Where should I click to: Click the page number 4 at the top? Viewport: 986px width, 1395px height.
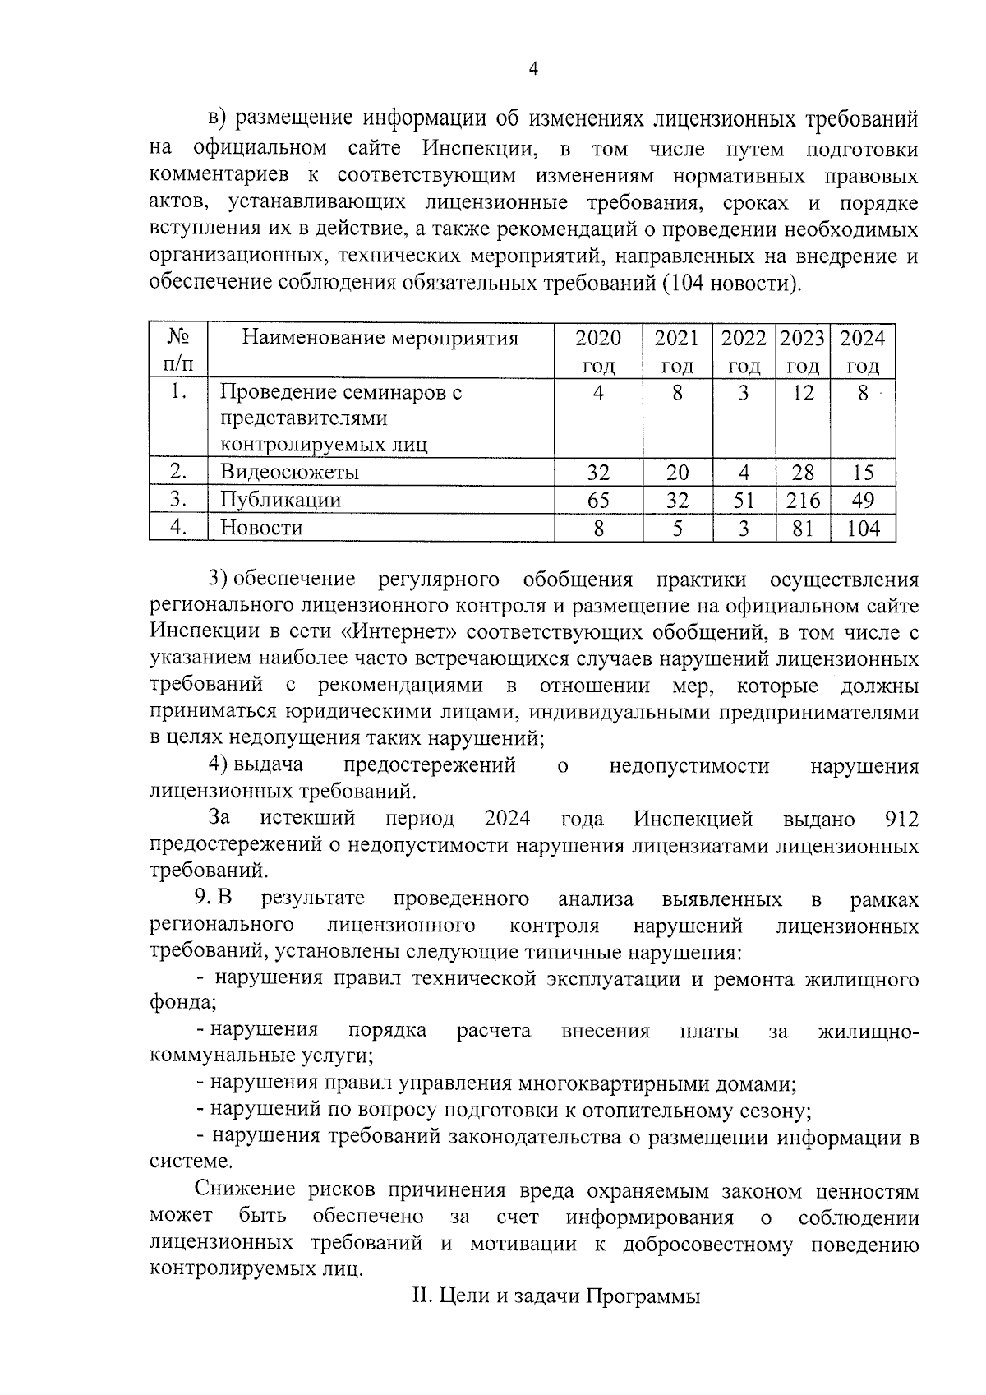[x=532, y=70]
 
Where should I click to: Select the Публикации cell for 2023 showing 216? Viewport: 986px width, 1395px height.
[x=803, y=500]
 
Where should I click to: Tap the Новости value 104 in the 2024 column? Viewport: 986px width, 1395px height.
[x=863, y=528]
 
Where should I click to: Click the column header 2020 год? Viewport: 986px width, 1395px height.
[x=598, y=351]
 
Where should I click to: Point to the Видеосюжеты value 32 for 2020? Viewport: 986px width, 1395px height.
[x=598, y=473]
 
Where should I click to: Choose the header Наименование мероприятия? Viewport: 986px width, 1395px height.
[x=380, y=338]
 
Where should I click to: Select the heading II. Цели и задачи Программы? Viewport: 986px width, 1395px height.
[x=556, y=1297]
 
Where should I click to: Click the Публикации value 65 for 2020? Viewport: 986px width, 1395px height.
[x=598, y=500]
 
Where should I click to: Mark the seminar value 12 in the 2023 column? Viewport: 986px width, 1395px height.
[x=803, y=393]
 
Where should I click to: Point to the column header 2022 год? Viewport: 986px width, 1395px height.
[x=744, y=351]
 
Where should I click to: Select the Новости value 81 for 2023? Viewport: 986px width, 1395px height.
[x=803, y=528]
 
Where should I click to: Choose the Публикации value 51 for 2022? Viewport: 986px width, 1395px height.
[x=744, y=500]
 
